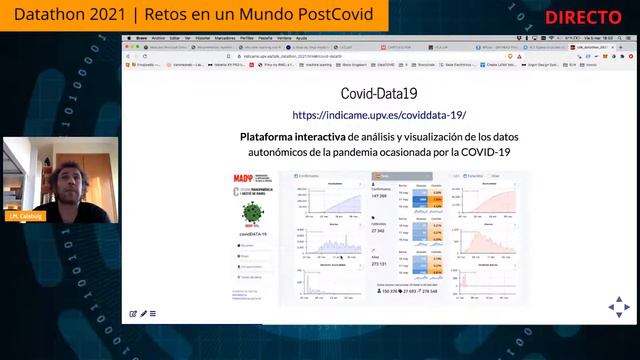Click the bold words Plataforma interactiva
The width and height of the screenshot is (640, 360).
pyautogui.click(x=288, y=136)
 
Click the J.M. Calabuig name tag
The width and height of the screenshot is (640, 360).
pyautogui.click(x=24, y=217)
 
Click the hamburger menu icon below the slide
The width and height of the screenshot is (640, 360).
pyautogui.click(x=153, y=314)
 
